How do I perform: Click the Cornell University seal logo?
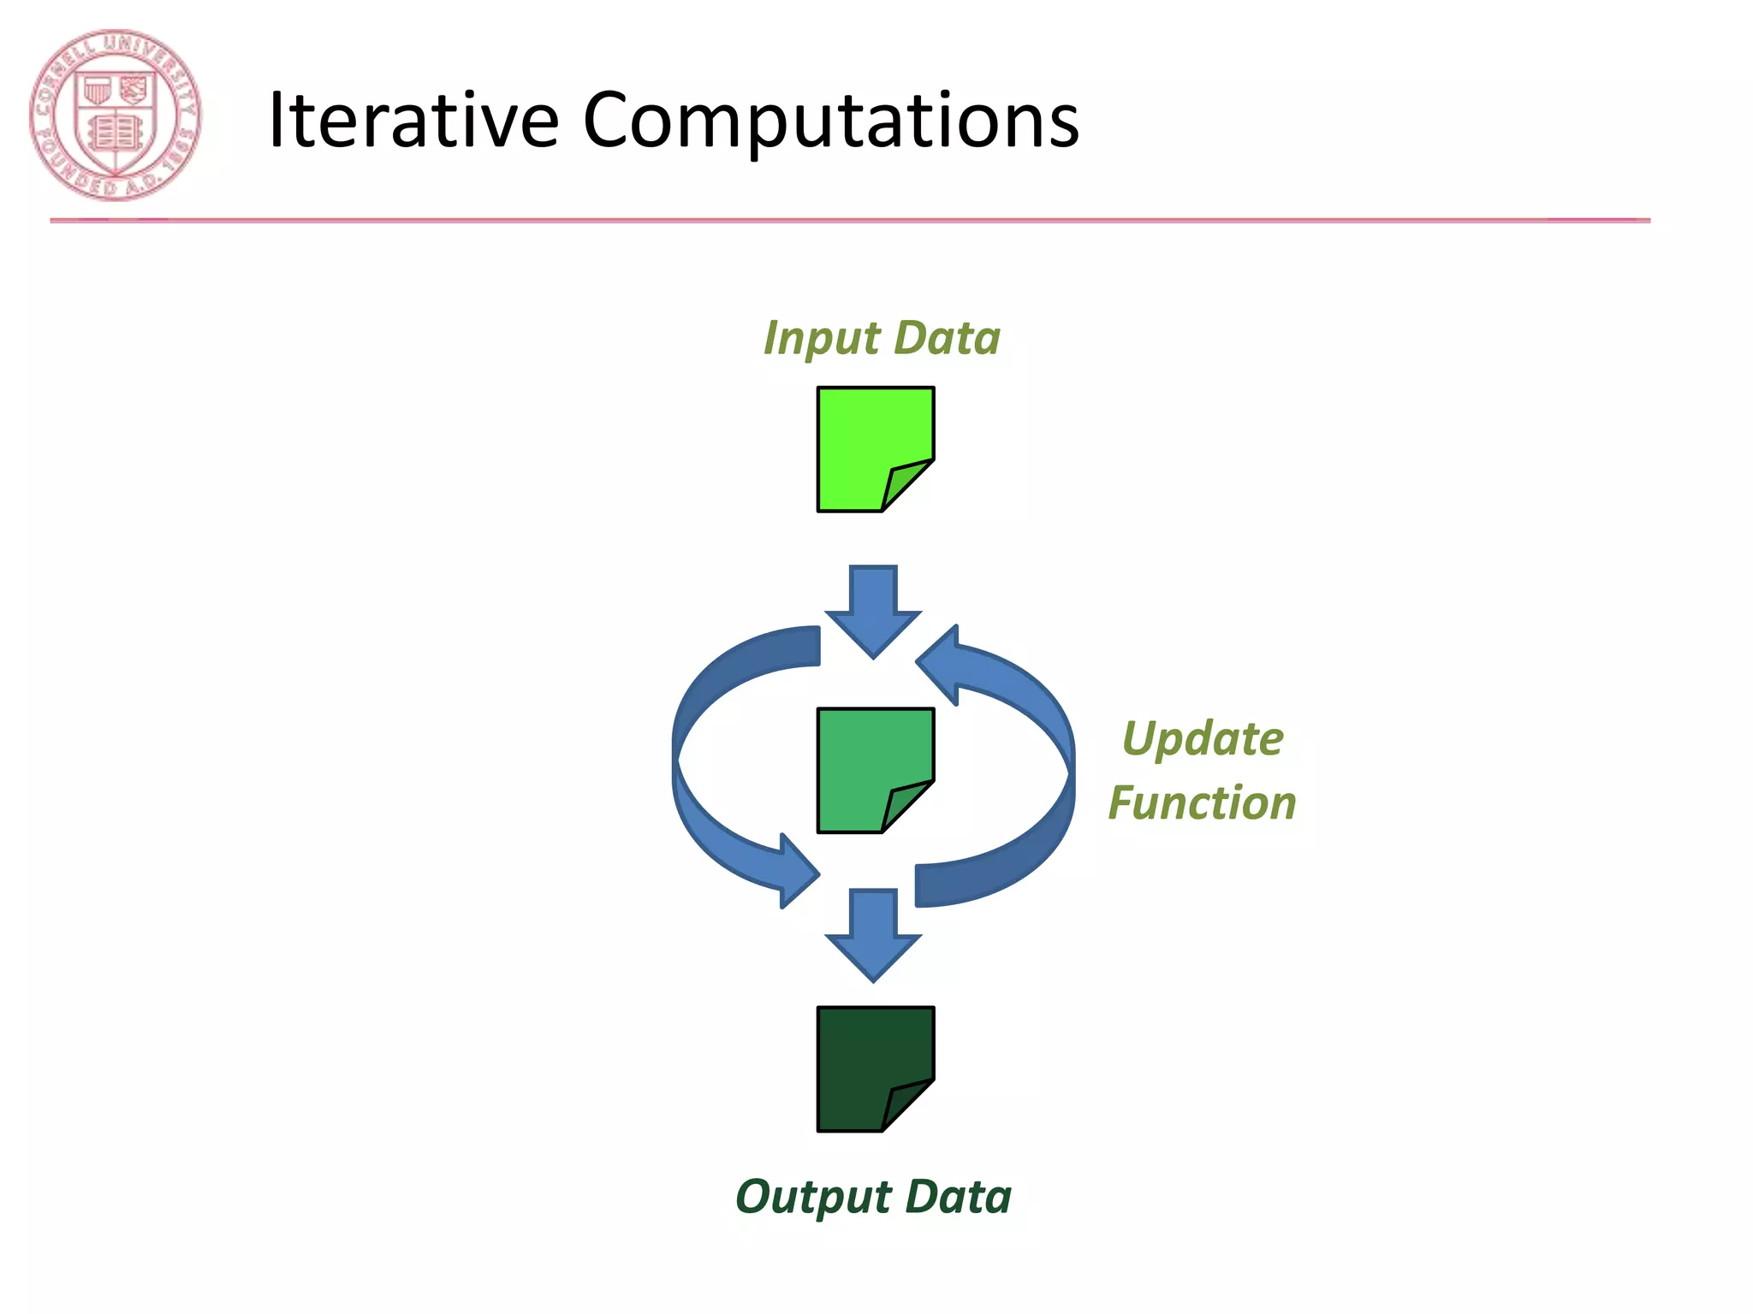click(x=116, y=115)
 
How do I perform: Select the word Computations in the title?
click(x=830, y=121)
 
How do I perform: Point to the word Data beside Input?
click(x=948, y=338)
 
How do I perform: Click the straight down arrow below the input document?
click(x=873, y=612)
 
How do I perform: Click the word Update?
click(x=1203, y=739)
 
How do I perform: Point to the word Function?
click(x=1202, y=803)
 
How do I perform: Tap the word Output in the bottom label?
click(x=812, y=1198)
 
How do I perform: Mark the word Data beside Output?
click(x=958, y=1197)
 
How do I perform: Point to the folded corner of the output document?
click(x=906, y=1104)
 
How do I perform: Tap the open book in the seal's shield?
click(x=115, y=133)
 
